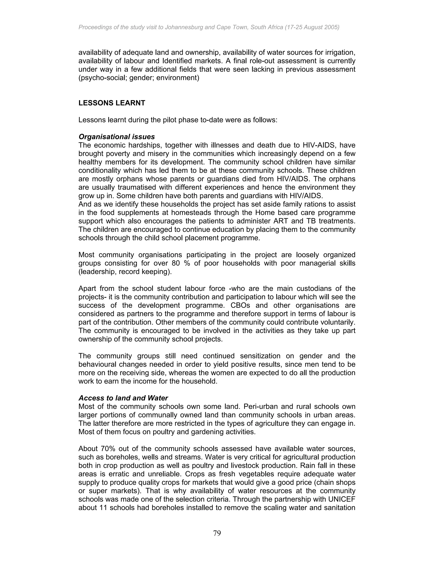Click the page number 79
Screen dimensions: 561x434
(x=217, y=533)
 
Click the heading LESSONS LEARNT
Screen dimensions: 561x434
(x=112, y=103)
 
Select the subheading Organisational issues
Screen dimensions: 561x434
(x=117, y=137)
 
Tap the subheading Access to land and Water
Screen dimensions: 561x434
(x=123, y=398)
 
